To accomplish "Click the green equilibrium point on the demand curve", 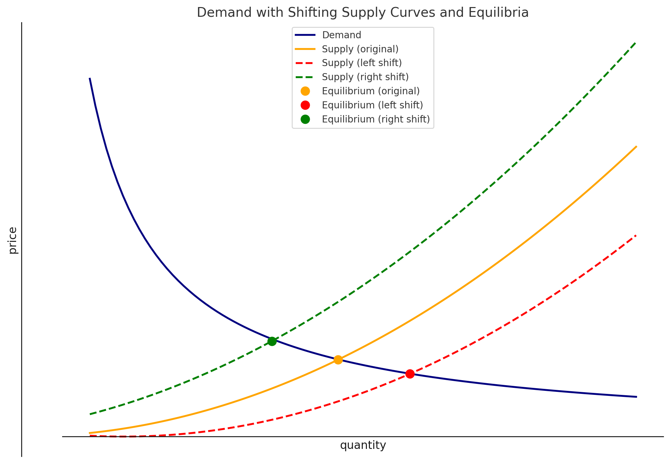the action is tap(272, 341).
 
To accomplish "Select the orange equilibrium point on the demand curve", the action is tap(338, 360).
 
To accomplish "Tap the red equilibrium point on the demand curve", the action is tap(410, 374).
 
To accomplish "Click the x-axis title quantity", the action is tap(363, 446).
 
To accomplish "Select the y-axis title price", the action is tap(13, 240).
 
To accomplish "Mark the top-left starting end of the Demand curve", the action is tap(90, 78).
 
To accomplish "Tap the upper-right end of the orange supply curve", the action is tap(636, 146).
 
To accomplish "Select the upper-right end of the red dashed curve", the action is tap(636, 235).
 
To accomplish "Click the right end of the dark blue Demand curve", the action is tap(636, 397).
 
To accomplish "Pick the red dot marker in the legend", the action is tap(305, 105).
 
